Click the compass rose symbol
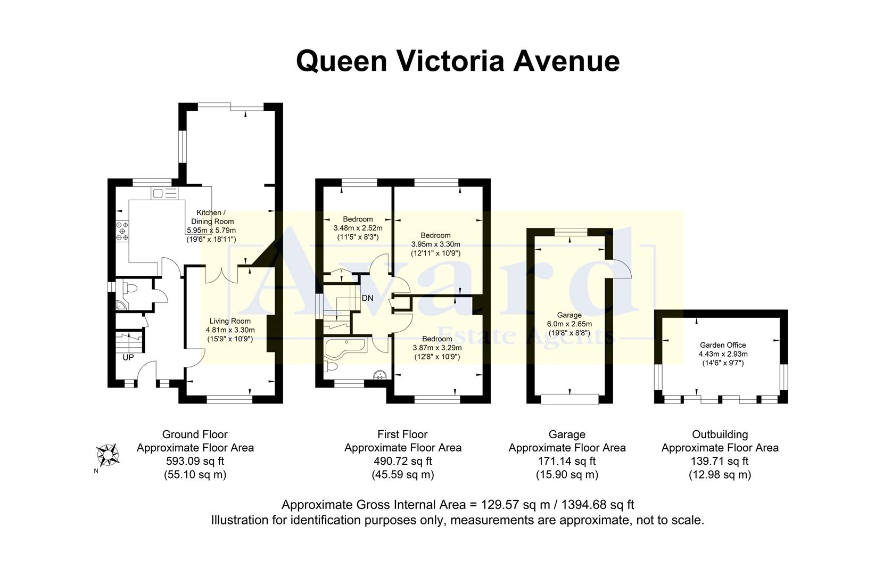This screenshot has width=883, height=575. click(x=108, y=455)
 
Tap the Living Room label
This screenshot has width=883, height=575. click(x=229, y=321)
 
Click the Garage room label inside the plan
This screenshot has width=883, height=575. click(x=569, y=315)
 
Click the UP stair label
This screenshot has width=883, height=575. click(x=128, y=358)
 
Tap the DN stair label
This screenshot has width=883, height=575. click(x=367, y=298)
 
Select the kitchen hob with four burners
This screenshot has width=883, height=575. click(x=123, y=230)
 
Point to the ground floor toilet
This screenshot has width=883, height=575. click(x=130, y=289)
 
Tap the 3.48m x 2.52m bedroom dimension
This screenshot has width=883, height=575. click(x=358, y=228)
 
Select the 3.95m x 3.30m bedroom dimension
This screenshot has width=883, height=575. click(x=435, y=244)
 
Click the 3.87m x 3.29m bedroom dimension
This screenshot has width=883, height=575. click(x=437, y=348)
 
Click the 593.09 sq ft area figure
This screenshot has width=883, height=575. click(x=195, y=461)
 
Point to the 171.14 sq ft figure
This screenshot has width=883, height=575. click(x=567, y=461)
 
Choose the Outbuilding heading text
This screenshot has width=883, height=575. click(x=720, y=434)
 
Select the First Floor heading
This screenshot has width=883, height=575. click(x=402, y=434)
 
